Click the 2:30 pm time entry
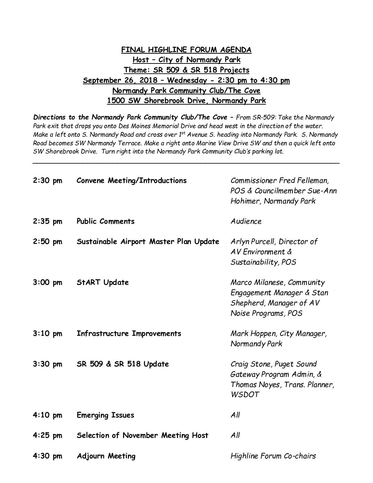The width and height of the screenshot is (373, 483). (48, 181)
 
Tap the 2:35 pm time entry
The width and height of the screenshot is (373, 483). (48, 222)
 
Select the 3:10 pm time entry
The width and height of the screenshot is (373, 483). (48, 334)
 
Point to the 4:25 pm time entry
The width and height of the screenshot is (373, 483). (48, 436)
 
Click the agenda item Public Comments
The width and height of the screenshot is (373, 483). (106, 221)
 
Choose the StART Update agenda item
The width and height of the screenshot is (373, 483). (103, 283)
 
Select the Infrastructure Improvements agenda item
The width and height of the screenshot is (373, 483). (129, 334)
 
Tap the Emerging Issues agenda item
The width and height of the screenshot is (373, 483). (106, 415)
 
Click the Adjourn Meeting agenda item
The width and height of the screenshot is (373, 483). (106, 456)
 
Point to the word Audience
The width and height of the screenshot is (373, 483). (246, 222)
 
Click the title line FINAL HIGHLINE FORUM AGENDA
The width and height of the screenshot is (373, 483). (186, 50)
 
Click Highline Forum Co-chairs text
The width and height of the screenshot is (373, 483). (273, 456)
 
